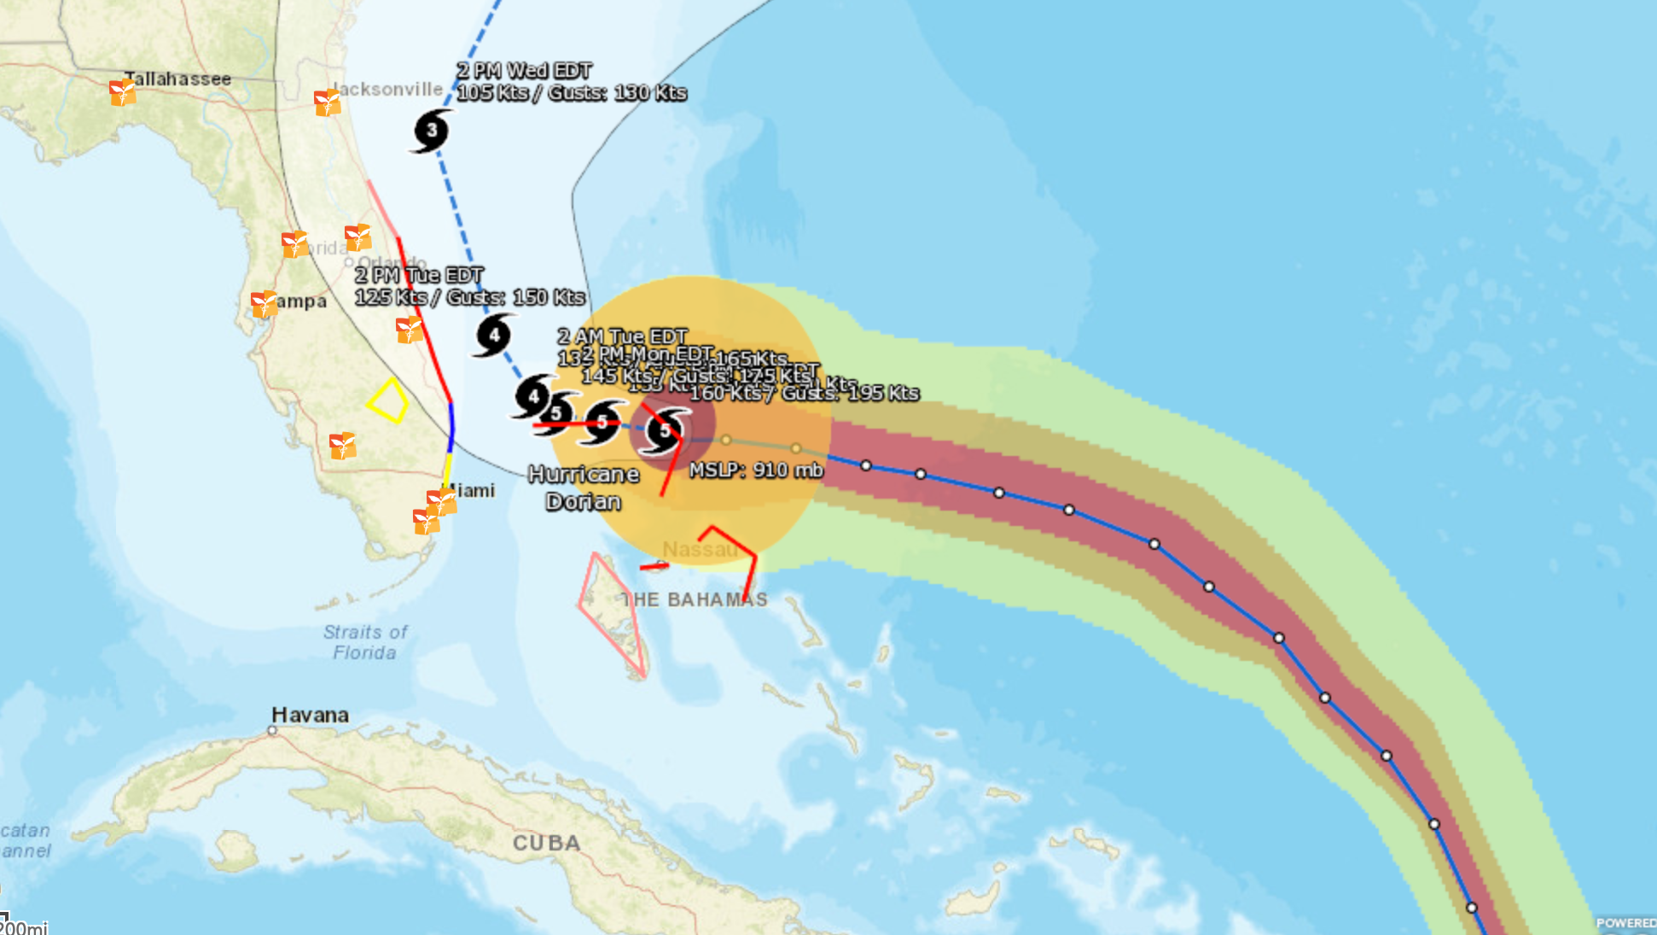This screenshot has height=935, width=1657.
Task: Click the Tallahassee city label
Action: [x=177, y=79]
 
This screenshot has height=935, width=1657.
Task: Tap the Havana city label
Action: [x=310, y=715]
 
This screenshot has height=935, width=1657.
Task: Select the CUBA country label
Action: [x=546, y=843]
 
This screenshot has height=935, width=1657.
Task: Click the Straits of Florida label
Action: [x=365, y=642]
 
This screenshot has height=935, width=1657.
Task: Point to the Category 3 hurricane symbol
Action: [x=432, y=131]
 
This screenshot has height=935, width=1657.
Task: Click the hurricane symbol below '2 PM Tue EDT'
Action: [x=494, y=335]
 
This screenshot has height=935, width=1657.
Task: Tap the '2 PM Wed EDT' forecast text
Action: [x=524, y=70]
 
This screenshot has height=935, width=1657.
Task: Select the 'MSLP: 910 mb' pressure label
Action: [x=756, y=470]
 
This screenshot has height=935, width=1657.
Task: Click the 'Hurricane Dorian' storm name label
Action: [x=584, y=488]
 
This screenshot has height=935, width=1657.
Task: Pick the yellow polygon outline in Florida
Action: [x=388, y=400]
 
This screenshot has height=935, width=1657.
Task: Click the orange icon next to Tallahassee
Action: [x=123, y=92]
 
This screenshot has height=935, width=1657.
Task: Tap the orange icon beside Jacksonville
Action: [x=328, y=102]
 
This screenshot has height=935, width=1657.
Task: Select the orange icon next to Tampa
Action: [x=265, y=304]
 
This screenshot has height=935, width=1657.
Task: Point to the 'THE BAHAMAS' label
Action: [x=695, y=599]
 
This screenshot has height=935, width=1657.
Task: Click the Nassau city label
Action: [x=700, y=549]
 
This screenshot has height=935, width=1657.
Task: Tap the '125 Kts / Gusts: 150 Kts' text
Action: [x=469, y=297]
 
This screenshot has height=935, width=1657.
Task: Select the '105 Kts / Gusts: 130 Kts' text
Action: [x=572, y=92]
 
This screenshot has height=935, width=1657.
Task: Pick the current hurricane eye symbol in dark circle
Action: [x=665, y=430]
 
